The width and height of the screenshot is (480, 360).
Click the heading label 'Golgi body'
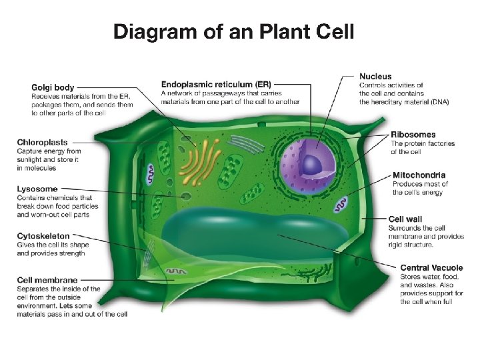(53, 87)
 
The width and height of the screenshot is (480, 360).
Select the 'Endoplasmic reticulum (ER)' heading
(216, 85)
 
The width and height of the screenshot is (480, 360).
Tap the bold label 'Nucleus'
(375, 77)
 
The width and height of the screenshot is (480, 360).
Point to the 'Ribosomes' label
(413, 135)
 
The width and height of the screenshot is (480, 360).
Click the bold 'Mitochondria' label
(419, 175)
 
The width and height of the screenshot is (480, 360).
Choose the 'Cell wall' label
(405, 219)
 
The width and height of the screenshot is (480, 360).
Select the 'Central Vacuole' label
(432, 268)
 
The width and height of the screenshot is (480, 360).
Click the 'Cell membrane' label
(47, 280)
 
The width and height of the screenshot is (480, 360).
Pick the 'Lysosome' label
(37, 189)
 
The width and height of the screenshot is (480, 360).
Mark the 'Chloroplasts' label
(42, 142)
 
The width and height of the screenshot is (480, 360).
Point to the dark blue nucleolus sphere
(311, 163)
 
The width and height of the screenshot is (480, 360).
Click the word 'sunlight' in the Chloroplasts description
(29, 160)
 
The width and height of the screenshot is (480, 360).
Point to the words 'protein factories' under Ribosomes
(443, 144)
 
